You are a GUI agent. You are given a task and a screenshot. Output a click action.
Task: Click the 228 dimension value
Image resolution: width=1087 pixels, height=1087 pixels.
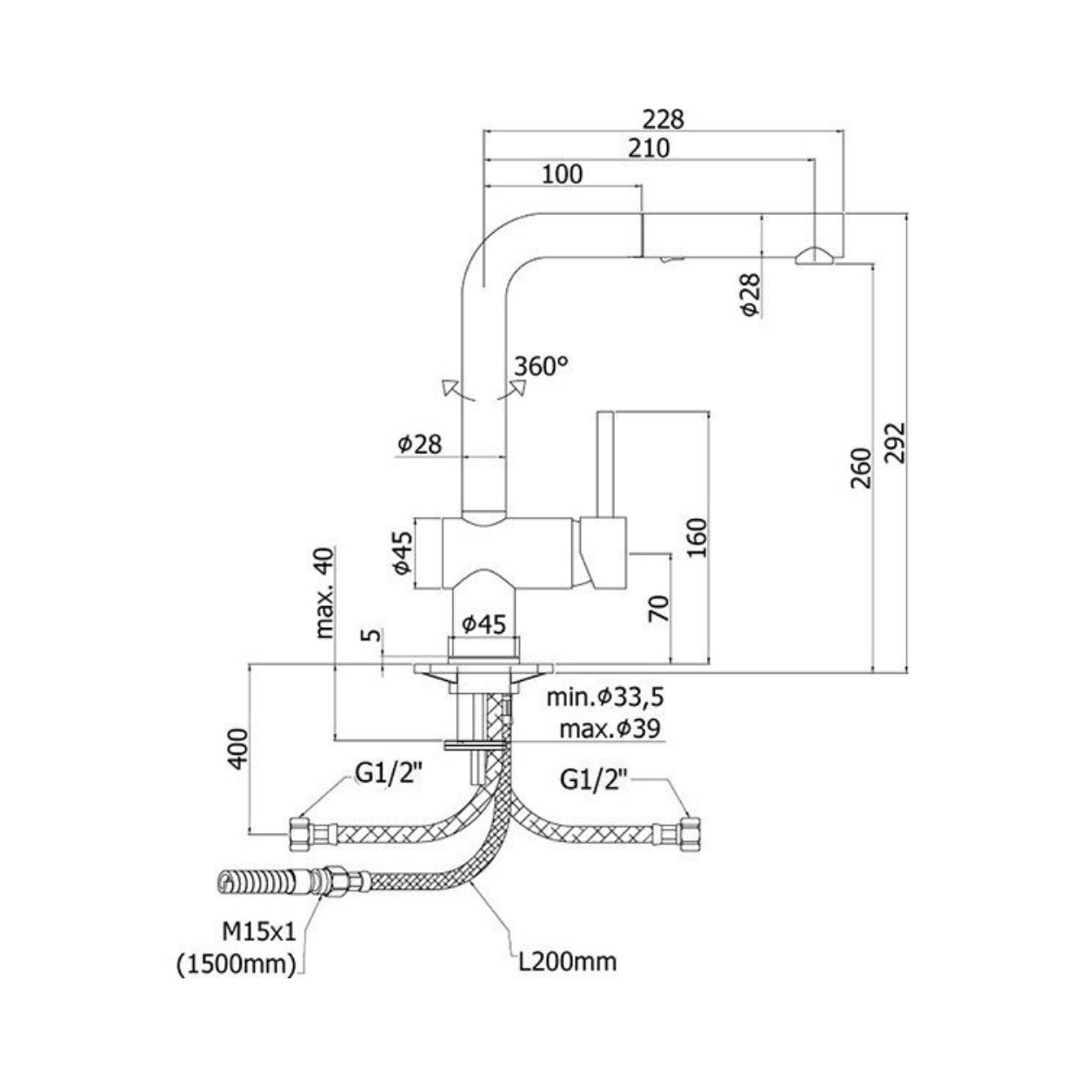664,119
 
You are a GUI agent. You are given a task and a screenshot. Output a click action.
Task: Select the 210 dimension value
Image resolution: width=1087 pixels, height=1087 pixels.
649,148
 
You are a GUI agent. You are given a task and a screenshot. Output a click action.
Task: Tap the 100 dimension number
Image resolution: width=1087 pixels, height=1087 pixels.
562,174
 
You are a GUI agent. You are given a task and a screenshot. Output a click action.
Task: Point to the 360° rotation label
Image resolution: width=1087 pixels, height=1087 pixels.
541,366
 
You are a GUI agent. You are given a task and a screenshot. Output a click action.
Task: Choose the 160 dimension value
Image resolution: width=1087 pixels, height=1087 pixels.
697,537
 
